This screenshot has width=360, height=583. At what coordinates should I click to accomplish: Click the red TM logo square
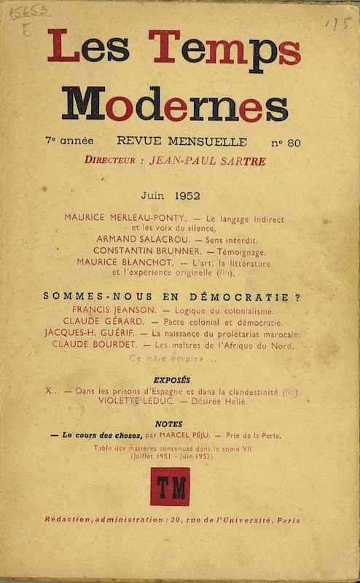click(x=170, y=486)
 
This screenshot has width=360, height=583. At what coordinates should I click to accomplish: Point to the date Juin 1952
click(x=171, y=195)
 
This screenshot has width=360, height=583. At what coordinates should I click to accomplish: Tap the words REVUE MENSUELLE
click(x=181, y=142)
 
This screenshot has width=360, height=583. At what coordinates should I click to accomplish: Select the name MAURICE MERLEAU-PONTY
click(x=125, y=218)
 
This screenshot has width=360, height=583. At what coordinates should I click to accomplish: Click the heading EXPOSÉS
click(x=172, y=380)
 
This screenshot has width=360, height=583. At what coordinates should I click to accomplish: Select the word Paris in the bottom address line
click(x=286, y=520)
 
